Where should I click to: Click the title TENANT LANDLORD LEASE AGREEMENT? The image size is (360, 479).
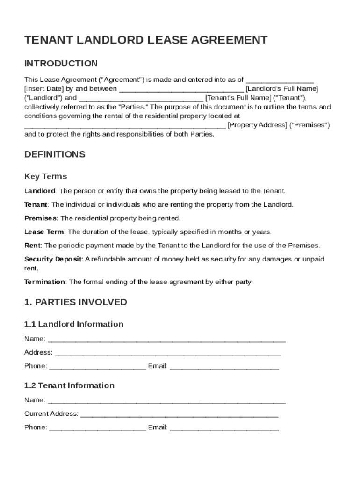[146, 40]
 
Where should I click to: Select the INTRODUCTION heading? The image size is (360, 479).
[61, 64]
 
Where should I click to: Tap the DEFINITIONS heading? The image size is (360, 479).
[55, 154]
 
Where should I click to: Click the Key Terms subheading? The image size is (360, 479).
[45, 176]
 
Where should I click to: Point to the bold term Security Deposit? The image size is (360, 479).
[53, 259]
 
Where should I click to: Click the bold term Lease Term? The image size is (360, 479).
[44, 232]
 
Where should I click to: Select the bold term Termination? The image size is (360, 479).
[44, 282]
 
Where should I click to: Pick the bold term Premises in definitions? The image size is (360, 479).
[40, 218]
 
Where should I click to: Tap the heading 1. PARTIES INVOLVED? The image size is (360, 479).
[75, 302]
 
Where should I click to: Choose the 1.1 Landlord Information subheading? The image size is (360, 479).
[74, 324]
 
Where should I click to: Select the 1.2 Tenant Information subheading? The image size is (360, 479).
[69, 385]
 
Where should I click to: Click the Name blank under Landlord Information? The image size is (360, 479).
[166, 340]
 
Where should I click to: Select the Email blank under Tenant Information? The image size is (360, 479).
[224, 428]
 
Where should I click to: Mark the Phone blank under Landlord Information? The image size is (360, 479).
[97, 367]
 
